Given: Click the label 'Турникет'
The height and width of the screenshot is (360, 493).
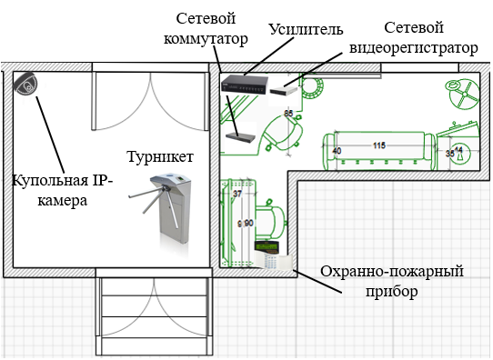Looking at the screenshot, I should tap(160, 156).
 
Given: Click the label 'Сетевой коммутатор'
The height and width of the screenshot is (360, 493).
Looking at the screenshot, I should tap(206, 29).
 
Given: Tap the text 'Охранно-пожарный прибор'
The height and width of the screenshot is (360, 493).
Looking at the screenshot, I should tap(387, 281).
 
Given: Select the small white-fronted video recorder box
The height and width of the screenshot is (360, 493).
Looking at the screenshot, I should tap(281, 89).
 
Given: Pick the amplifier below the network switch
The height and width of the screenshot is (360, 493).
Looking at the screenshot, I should tap(240, 135).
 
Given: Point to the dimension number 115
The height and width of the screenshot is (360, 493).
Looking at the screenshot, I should tap(378, 145).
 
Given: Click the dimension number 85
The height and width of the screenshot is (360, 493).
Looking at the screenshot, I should tap(289, 113).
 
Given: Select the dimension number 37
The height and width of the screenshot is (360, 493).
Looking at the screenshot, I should tap(237, 194).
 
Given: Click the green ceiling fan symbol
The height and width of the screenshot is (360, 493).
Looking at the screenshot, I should tap(461, 92).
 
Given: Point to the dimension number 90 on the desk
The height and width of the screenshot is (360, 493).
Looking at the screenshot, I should tap(246, 223).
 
